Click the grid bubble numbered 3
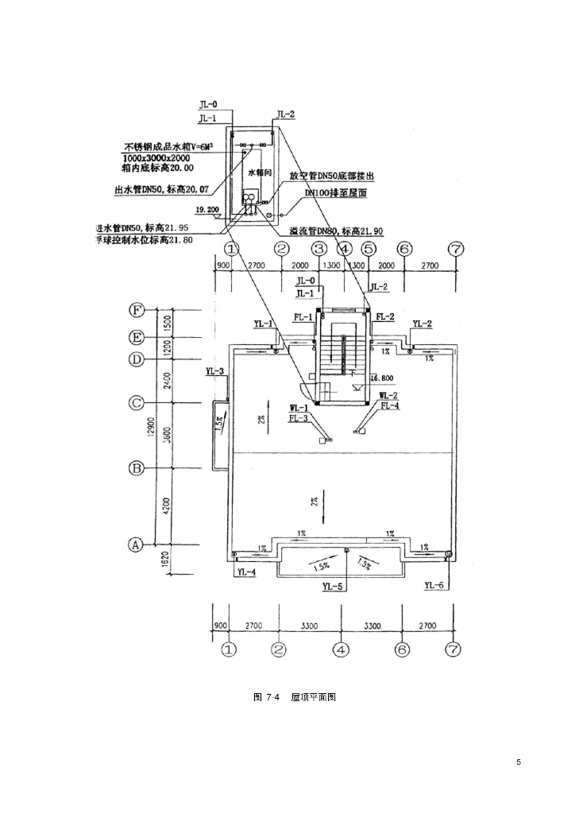tap(319, 249)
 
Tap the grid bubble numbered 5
tap(369, 249)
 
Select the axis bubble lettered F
tap(137, 310)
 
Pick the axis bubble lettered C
tap(137, 403)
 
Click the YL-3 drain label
tap(214, 371)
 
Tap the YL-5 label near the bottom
tap(333, 587)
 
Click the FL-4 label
tap(390, 405)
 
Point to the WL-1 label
tap(299, 408)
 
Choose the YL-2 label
tap(423, 324)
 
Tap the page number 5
tap(518, 762)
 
